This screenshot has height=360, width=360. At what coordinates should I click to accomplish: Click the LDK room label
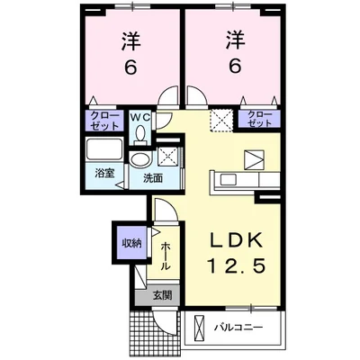coord(235,240)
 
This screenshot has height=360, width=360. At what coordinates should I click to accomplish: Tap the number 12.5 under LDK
coord(236,265)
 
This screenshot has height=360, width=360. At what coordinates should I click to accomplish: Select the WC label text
coord(139,118)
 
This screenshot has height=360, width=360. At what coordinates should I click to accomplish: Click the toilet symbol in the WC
coord(139,133)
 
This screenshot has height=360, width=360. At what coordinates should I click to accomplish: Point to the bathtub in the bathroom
coord(104,149)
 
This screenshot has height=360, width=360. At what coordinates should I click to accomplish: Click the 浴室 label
coord(104,174)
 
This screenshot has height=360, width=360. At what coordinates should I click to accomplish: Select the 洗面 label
coord(153,178)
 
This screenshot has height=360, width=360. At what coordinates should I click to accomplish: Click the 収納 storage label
coord(131,243)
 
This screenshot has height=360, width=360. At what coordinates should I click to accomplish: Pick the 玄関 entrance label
coord(163,295)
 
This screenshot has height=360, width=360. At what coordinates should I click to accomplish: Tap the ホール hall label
coord(166,256)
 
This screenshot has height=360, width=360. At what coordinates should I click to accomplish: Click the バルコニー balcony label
coord(238,327)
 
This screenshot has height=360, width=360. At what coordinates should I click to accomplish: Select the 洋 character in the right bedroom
coord(236,40)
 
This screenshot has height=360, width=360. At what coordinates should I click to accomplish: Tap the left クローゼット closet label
coord(103,121)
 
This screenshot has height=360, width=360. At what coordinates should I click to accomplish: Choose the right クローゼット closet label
coord(260,119)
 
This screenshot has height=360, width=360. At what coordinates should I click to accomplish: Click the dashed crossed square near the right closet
coord(221,121)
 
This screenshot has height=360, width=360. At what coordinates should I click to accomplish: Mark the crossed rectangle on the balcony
coord(199,327)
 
